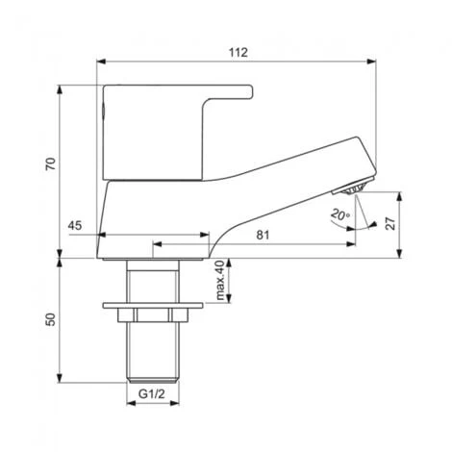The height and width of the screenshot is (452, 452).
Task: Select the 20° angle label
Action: point(339,214)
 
